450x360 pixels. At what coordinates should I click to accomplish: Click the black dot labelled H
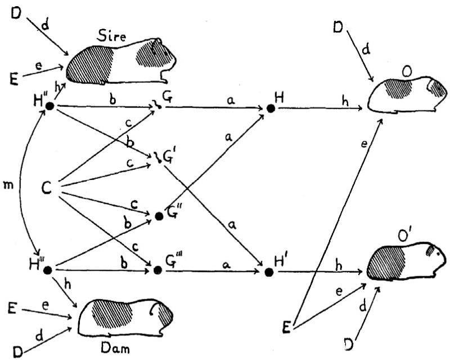[271, 108]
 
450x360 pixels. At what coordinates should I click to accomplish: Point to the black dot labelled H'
[269, 272]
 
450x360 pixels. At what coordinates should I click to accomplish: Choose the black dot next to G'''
[158, 271]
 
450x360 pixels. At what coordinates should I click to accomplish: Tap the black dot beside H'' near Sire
[49, 106]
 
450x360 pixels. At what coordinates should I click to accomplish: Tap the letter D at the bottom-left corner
[18, 350]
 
